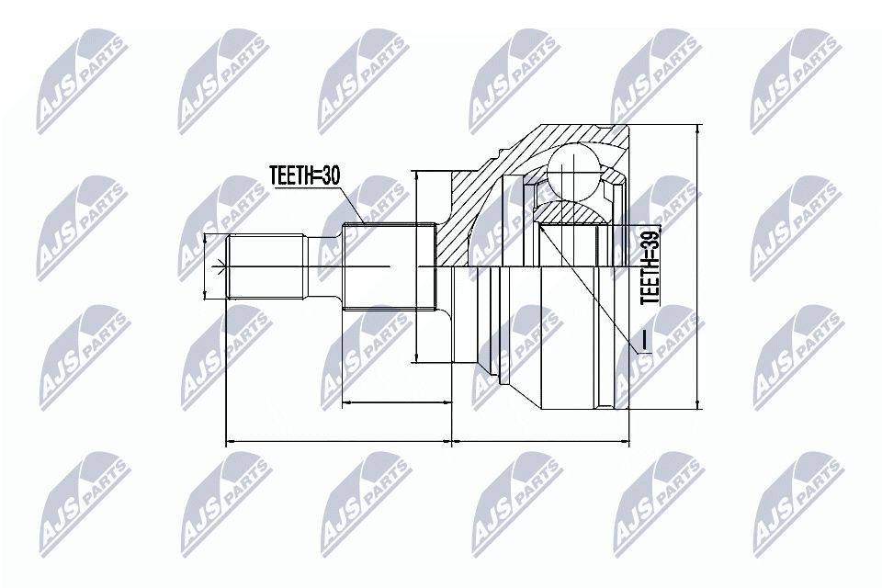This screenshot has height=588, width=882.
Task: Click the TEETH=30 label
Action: click(x=304, y=175)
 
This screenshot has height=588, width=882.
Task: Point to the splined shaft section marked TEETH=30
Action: click(x=389, y=266)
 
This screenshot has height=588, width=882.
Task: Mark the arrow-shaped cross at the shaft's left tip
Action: click(x=220, y=266)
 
